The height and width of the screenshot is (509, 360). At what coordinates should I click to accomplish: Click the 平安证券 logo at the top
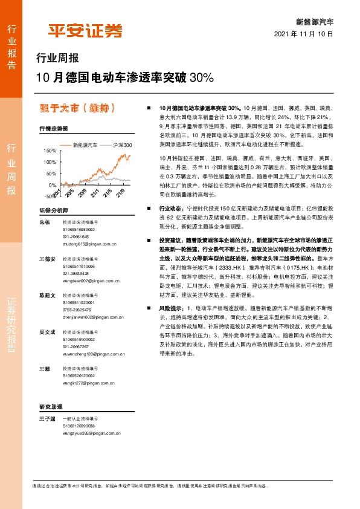tap(85, 31)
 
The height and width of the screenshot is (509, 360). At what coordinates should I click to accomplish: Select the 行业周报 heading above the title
tap(57, 59)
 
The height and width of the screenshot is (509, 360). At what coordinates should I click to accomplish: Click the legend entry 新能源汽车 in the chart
tap(85, 145)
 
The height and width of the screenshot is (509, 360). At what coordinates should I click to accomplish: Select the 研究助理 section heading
tap(51, 406)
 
